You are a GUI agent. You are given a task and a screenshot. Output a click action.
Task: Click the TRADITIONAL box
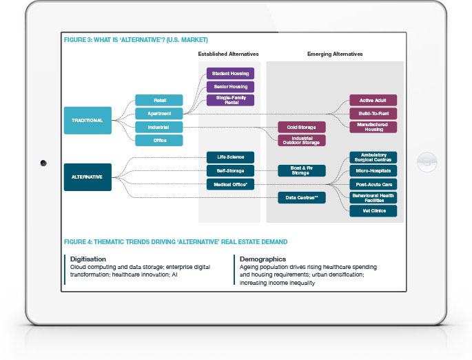pos(87,120)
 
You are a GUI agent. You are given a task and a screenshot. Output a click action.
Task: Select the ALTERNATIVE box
pos(87,177)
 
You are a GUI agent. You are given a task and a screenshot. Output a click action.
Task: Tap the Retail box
pos(159,100)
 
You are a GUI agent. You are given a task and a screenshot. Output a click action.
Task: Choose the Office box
pos(159,140)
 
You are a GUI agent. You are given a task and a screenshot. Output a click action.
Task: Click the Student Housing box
pos(231,73)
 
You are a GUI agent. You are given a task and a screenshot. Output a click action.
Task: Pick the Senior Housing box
pos(231,86)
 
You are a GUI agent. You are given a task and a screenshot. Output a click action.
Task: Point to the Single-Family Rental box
pos(231,100)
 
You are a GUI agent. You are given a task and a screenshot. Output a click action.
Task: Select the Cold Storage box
pos(302,127)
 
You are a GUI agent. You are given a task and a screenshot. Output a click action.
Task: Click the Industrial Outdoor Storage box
pos(302,140)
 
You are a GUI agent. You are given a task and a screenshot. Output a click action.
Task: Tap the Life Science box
pos(231,157)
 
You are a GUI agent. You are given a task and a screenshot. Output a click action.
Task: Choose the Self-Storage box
pos(231,170)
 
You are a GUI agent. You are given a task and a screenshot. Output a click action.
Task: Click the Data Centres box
pos(302,198)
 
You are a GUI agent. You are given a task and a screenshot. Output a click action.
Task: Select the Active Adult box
pos(373,100)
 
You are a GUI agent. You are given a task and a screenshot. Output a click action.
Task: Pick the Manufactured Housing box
pos(373,127)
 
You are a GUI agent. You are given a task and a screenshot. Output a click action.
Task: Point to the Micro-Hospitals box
pos(373,170)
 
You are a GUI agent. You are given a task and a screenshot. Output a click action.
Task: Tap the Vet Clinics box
pos(373,211)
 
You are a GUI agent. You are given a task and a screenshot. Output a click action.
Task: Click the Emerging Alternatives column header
pos(334,54)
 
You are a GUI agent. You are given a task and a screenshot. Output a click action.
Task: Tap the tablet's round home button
pos(429,163)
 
